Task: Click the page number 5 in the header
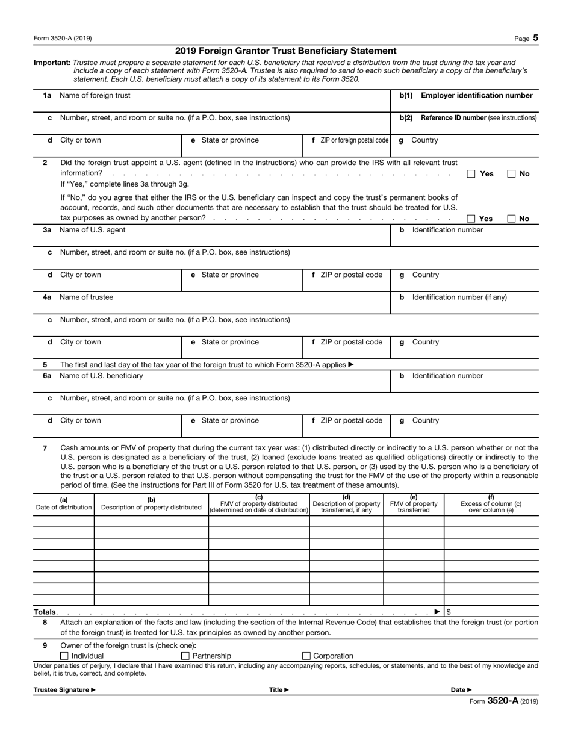[535, 38]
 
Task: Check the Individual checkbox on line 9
[64, 656]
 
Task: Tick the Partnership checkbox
[185, 656]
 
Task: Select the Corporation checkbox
[306, 656]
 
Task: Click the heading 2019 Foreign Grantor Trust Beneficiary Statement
[285, 51]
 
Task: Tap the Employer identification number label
[476, 95]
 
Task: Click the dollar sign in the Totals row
[449, 612]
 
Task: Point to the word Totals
[45, 612]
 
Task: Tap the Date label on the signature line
[461, 690]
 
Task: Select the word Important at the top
[52, 63]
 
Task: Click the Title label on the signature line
[278, 690]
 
